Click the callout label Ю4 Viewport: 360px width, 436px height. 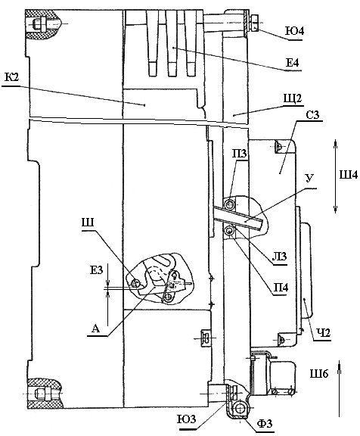[295, 31]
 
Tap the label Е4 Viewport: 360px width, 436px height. [292, 63]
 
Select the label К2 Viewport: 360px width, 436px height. [11, 77]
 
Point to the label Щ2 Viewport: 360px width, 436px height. [293, 98]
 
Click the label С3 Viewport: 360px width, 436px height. [313, 115]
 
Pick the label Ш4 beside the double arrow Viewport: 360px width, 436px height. [349, 175]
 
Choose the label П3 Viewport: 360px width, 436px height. [240, 154]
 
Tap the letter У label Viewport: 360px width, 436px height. [310, 178]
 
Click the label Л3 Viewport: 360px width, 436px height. [279, 256]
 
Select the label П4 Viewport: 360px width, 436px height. [281, 288]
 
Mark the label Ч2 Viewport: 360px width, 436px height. [324, 332]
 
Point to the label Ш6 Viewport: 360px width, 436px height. [319, 373]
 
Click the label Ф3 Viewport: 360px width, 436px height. [265, 423]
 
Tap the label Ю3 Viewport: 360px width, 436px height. [187, 419]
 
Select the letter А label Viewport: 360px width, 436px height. [95, 329]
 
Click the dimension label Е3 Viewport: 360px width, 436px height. [96, 270]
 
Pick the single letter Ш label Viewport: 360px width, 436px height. [88, 223]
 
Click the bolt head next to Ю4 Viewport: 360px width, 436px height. [255, 22]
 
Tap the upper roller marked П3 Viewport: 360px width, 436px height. [229, 204]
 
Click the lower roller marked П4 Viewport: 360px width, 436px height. [230, 230]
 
